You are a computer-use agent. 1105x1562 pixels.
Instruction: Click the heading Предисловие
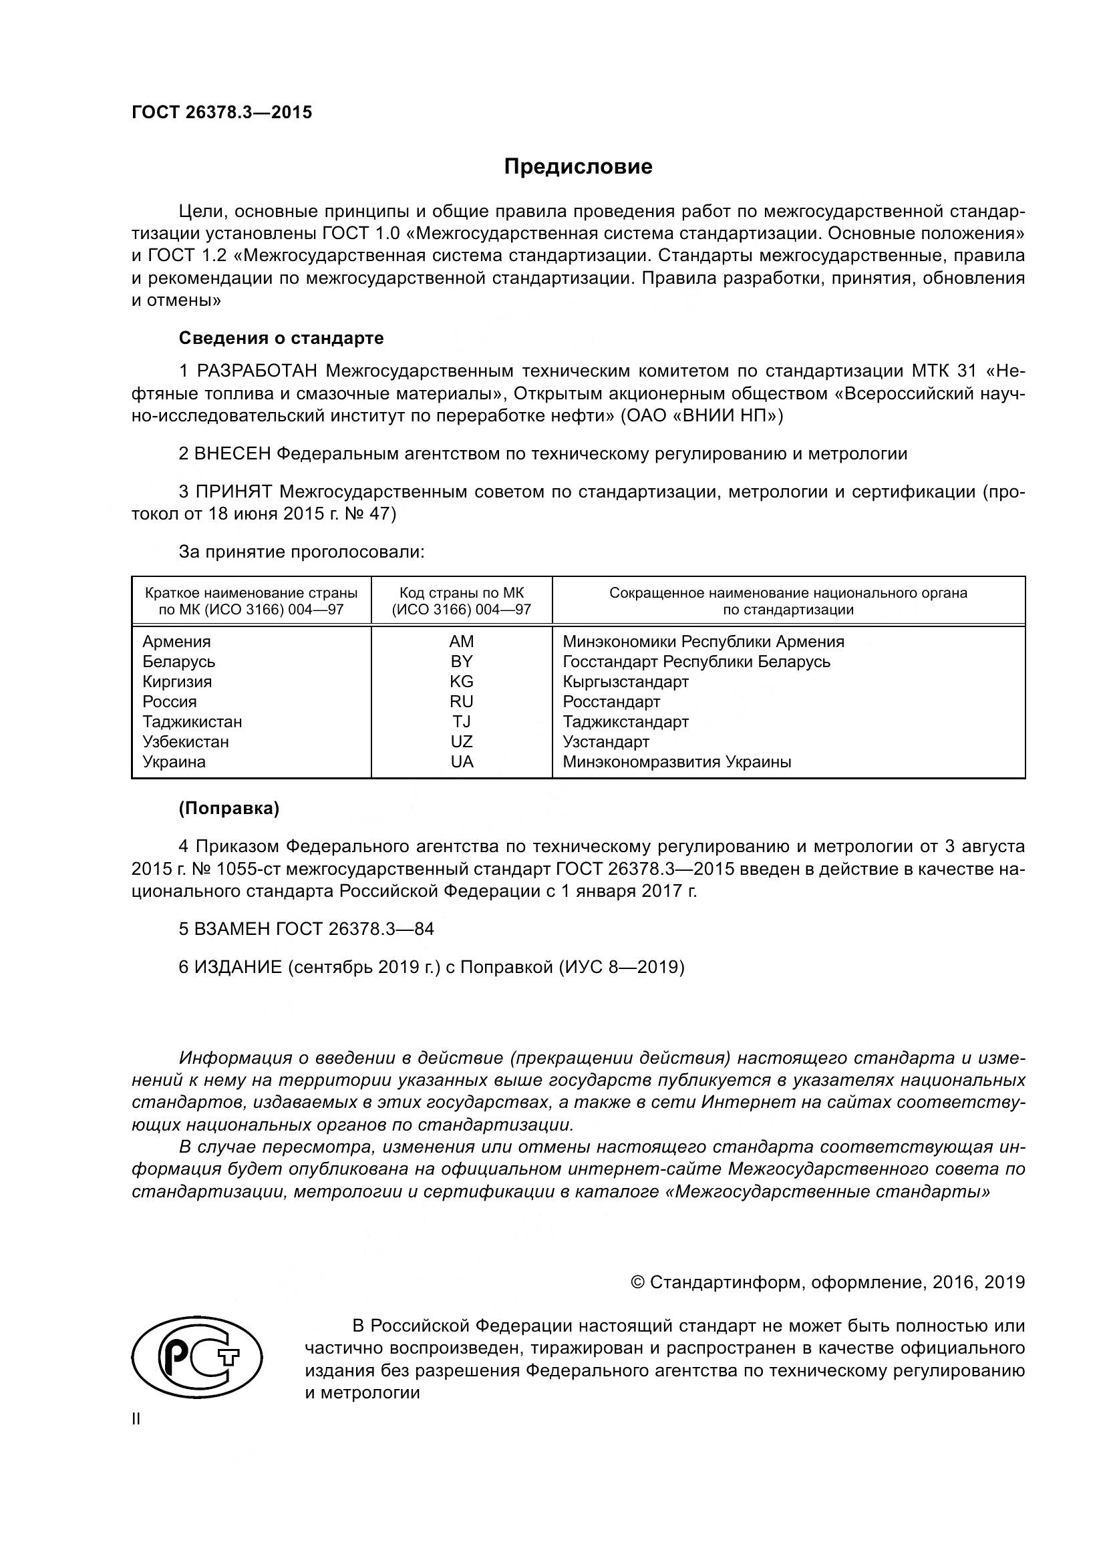578,167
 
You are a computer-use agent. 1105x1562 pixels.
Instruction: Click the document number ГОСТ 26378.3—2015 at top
222,112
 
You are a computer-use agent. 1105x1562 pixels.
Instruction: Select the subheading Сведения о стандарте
281,338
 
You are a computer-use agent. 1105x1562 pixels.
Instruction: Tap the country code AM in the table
462,642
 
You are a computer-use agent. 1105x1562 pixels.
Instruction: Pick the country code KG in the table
462,682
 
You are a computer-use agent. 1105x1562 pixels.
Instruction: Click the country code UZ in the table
462,741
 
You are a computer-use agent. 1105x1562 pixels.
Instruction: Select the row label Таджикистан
192,722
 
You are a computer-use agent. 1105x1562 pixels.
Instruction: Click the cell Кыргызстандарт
625,682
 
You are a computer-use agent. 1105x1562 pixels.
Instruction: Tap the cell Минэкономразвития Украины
676,762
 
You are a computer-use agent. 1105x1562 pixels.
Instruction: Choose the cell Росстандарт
611,701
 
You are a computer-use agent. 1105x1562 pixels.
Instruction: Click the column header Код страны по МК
462,592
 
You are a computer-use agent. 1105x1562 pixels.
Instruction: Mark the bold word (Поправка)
228,808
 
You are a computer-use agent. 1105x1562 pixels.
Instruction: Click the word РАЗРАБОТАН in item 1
257,371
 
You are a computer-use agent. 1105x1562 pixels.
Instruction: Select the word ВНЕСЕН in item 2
232,453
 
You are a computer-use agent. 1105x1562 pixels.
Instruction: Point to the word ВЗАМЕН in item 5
232,929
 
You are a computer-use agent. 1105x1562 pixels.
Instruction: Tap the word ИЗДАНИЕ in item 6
238,967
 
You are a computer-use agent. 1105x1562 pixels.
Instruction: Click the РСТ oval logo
197,1364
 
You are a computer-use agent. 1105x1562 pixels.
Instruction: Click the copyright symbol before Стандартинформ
637,1282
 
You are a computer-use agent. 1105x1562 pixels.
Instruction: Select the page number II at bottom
136,1420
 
